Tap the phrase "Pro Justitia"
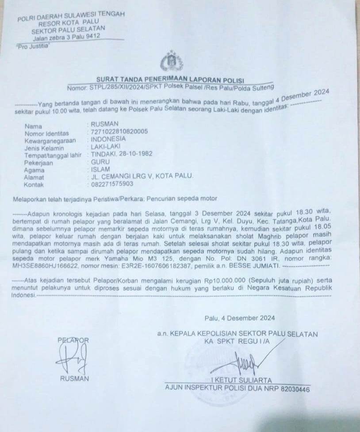(x=32, y=46)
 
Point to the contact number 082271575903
(x=112, y=184)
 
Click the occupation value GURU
(x=100, y=162)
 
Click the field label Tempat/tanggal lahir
(x=53, y=155)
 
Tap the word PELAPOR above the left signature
(x=73, y=340)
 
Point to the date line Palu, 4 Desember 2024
(x=240, y=318)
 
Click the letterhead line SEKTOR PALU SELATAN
(x=68, y=30)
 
